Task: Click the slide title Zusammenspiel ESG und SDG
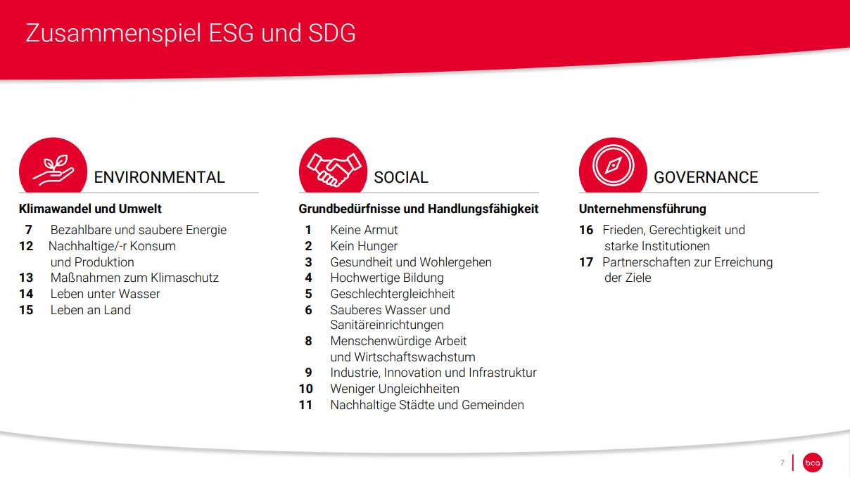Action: click(x=191, y=33)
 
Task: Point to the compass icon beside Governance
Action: click(x=613, y=166)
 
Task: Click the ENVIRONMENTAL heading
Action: click(x=159, y=177)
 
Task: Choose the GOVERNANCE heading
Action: click(x=706, y=177)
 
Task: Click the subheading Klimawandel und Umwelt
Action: click(x=90, y=209)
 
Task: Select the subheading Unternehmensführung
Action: click(x=642, y=209)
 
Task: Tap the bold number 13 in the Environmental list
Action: click(x=26, y=278)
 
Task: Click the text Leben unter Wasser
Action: click(x=105, y=294)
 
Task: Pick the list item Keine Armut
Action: click(x=364, y=230)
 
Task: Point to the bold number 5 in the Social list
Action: click(x=308, y=294)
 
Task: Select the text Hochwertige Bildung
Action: click(x=387, y=278)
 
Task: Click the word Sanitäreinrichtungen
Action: click(x=387, y=325)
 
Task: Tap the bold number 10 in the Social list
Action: click(x=306, y=389)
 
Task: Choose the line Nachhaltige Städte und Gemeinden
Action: click(x=427, y=405)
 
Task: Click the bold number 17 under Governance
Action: click(x=586, y=262)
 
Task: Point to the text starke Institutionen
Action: click(x=657, y=246)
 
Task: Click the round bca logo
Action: click(x=813, y=463)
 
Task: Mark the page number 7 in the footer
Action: click(x=782, y=463)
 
